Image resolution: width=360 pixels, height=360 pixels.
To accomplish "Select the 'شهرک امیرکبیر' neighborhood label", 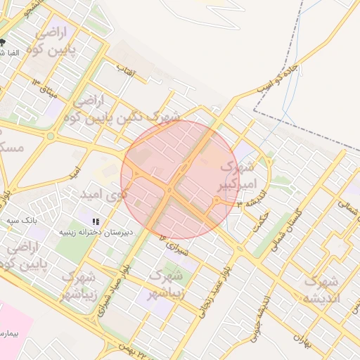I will pyautogui.click(x=236, y=176).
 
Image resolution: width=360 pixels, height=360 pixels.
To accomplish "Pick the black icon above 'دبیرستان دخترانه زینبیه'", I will pyautogui.click(x=95, y=221).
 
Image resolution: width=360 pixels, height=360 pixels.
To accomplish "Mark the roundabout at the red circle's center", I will pyautogui.click(x=169, y=189).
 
